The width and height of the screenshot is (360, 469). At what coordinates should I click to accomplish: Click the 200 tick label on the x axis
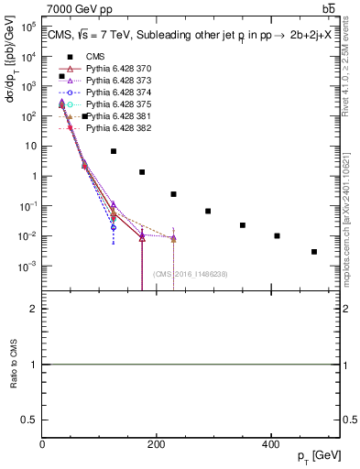(157, 444)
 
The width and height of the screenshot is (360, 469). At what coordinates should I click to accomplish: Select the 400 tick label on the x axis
(270, 444)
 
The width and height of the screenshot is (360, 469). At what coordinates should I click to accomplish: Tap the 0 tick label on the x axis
(42, 444)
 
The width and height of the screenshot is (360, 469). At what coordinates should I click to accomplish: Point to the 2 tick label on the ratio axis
(34, 310)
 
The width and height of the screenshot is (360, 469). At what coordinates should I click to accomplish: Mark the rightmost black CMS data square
(314, 252)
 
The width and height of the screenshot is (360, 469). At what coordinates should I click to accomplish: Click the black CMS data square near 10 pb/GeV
(114, 151)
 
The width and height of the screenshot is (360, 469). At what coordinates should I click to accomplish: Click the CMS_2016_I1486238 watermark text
(191, 274)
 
